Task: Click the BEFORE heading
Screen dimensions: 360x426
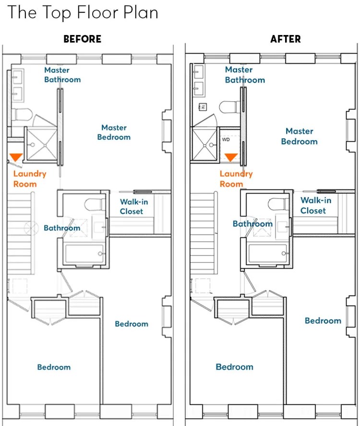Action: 83,39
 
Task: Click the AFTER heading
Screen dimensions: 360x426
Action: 286,39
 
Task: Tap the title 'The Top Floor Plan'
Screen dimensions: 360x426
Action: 83,12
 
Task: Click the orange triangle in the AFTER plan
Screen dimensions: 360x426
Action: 231,157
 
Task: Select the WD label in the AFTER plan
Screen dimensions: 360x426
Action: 226,140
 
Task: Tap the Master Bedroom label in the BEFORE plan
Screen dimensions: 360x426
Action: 114,132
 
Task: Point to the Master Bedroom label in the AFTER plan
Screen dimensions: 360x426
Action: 300,136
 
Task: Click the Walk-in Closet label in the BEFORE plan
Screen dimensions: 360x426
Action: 134,206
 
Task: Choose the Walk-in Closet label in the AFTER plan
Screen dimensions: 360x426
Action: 316,205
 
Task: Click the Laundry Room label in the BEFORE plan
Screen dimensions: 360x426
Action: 30,179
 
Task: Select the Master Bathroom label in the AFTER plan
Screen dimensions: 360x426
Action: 245,75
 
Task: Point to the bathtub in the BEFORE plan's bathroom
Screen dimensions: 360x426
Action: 84,254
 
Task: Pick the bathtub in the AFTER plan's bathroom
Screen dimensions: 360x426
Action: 267,253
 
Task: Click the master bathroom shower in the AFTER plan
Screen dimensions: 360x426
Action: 205,144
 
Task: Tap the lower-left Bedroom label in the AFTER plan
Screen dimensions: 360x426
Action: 234,367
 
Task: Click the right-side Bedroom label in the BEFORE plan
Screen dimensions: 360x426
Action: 132,324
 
